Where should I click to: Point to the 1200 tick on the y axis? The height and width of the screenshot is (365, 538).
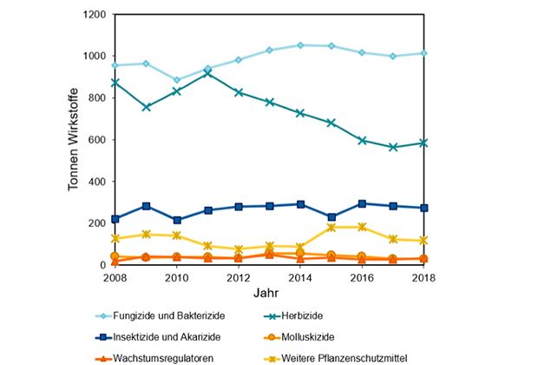[94, 15]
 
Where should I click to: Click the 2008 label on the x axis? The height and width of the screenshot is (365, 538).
[115, 277]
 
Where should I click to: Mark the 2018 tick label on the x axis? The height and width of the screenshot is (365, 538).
[423, 277]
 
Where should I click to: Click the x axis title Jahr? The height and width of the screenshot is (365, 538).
[268, 293]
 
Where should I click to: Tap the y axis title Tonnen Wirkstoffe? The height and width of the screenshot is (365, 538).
[75, 140]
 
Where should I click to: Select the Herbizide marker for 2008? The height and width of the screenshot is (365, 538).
[115, 83]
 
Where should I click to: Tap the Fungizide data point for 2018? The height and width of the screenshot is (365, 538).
[423, 53]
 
